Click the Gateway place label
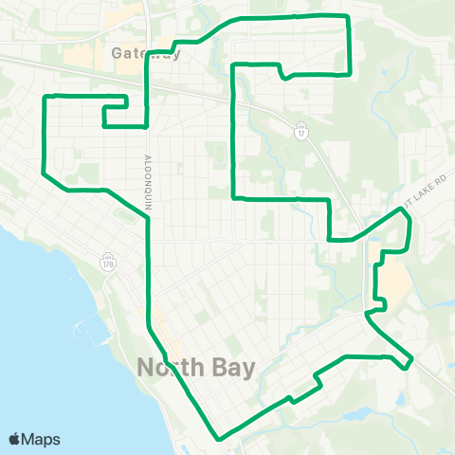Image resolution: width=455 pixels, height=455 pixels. point(144,53)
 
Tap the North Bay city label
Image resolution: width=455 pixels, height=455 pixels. point(196,367)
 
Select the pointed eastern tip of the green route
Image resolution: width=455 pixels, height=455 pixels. point(412,361)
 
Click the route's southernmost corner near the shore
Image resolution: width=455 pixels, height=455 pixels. point(219,439)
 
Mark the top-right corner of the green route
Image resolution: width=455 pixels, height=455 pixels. point(350,17)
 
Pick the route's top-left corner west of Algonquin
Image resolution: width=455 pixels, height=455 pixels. point(45,97)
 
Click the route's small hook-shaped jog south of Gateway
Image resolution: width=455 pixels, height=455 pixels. point(114,113)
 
